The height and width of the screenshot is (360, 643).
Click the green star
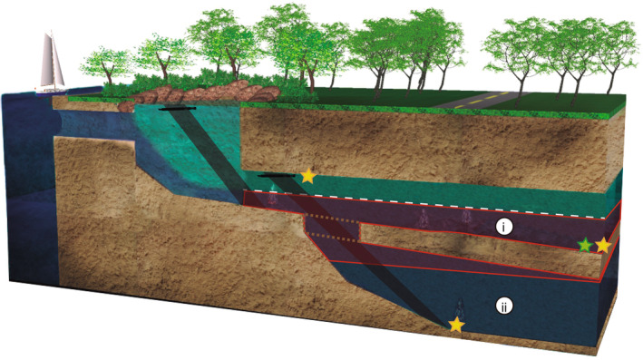tap(586, 245)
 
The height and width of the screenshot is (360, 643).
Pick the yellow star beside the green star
tap(603, 245)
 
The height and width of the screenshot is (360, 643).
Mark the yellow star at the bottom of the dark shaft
tap(456, 324)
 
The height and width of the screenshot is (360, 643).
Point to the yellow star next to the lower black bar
tap(308, 176)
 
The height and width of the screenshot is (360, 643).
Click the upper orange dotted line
tap(336, 219)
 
